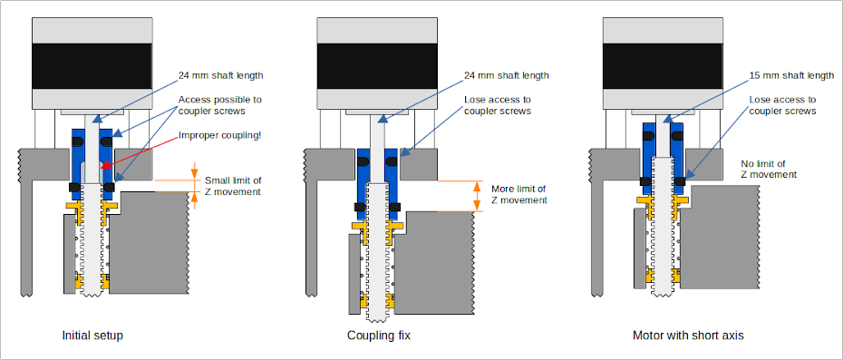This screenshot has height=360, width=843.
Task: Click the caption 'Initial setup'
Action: coord(92,336)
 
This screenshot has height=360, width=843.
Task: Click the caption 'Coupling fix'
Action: coord(379,336)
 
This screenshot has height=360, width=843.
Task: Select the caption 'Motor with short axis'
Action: coord(688,336)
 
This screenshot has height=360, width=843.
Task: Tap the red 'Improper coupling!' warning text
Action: coord(220,136)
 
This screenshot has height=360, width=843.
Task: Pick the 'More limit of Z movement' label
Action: coord(519,194)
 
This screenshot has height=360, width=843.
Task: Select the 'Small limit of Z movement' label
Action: coord(233,186)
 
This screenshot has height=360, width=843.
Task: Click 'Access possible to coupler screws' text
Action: coord(220,105)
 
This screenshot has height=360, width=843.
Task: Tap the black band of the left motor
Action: coord(92,66)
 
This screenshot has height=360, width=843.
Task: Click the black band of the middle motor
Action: coord(377,66)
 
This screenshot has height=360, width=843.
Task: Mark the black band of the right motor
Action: coord(663,66)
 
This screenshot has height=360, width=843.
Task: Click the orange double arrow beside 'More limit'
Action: coord(476,196)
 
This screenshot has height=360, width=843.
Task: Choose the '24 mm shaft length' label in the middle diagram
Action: coord(506,75)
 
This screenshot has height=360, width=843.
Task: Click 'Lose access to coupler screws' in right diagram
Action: coord(782,105)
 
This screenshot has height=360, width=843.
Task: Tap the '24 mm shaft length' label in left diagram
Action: coord(221,75)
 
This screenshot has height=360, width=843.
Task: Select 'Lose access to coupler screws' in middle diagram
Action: coord(498,105)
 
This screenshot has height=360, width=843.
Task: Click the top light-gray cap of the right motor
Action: coord(663,31)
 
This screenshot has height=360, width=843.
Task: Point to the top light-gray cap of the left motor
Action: coord(92,31)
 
